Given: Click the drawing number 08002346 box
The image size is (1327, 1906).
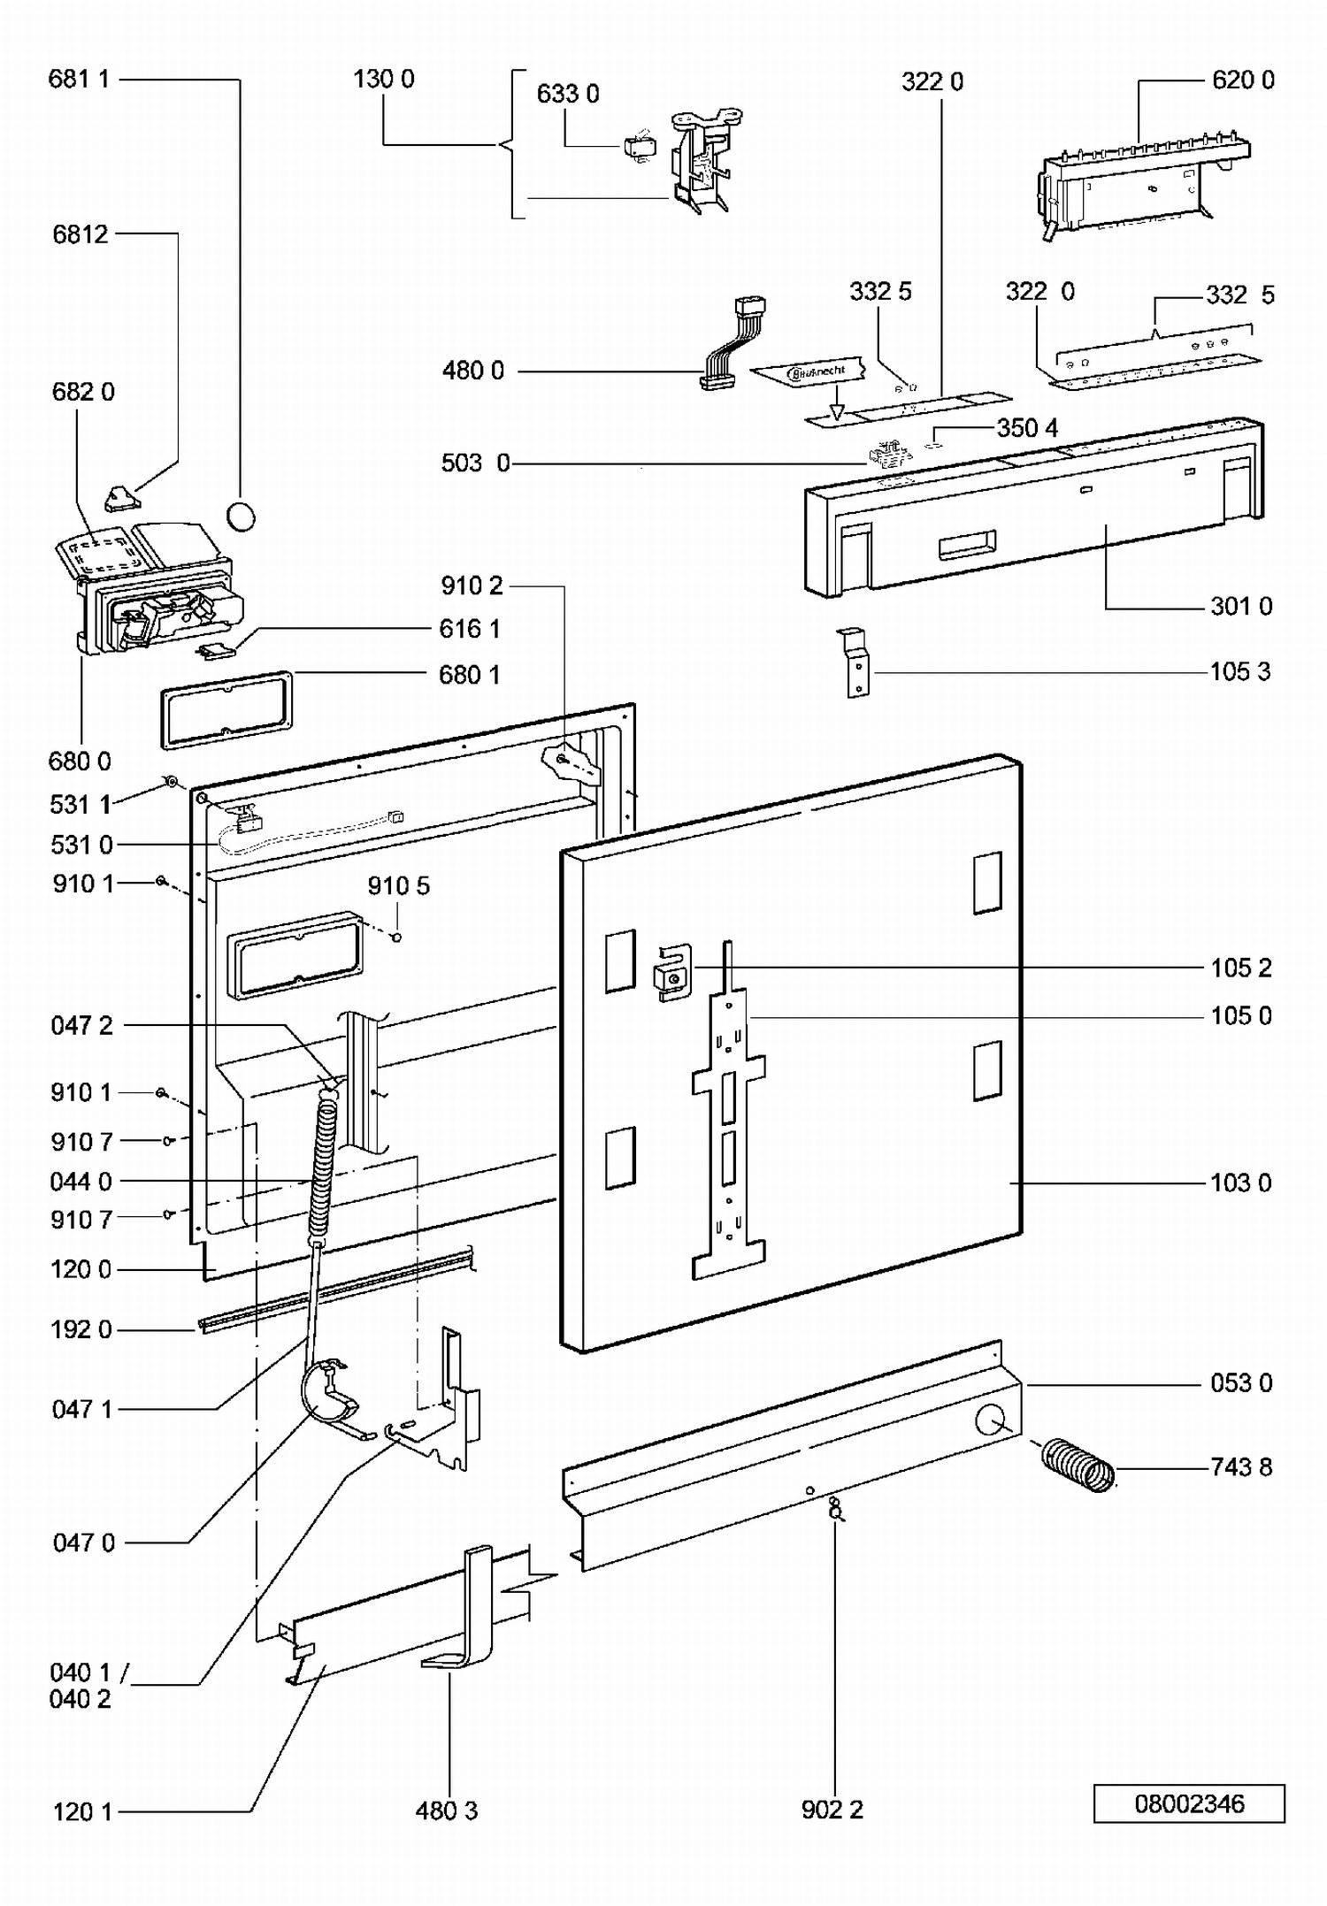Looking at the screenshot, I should pos(1188,1803).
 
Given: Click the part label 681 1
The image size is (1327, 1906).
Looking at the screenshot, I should pos(79,79).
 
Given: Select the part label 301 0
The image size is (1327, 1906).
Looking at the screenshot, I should pos(1240,606).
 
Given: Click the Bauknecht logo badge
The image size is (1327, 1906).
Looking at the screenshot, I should pos(815,372).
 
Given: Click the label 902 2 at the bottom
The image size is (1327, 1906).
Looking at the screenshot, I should pos(832,1810).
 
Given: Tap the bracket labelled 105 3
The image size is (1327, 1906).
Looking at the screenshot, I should pos(855,662).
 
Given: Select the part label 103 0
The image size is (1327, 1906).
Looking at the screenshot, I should pos(1240,1183).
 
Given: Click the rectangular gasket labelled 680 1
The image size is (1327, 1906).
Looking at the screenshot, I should pos(226,709).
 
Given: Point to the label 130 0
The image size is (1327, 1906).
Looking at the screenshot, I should pos(383,79).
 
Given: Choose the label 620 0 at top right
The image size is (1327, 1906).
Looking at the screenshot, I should pos(1242,80).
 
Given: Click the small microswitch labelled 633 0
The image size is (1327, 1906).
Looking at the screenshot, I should pos(639,147).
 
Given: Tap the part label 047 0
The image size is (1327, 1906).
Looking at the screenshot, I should pos(83,1542).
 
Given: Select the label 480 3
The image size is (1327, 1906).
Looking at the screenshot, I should pos(446,1810).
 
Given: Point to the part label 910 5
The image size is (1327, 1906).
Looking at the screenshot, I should pos(398,885).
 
